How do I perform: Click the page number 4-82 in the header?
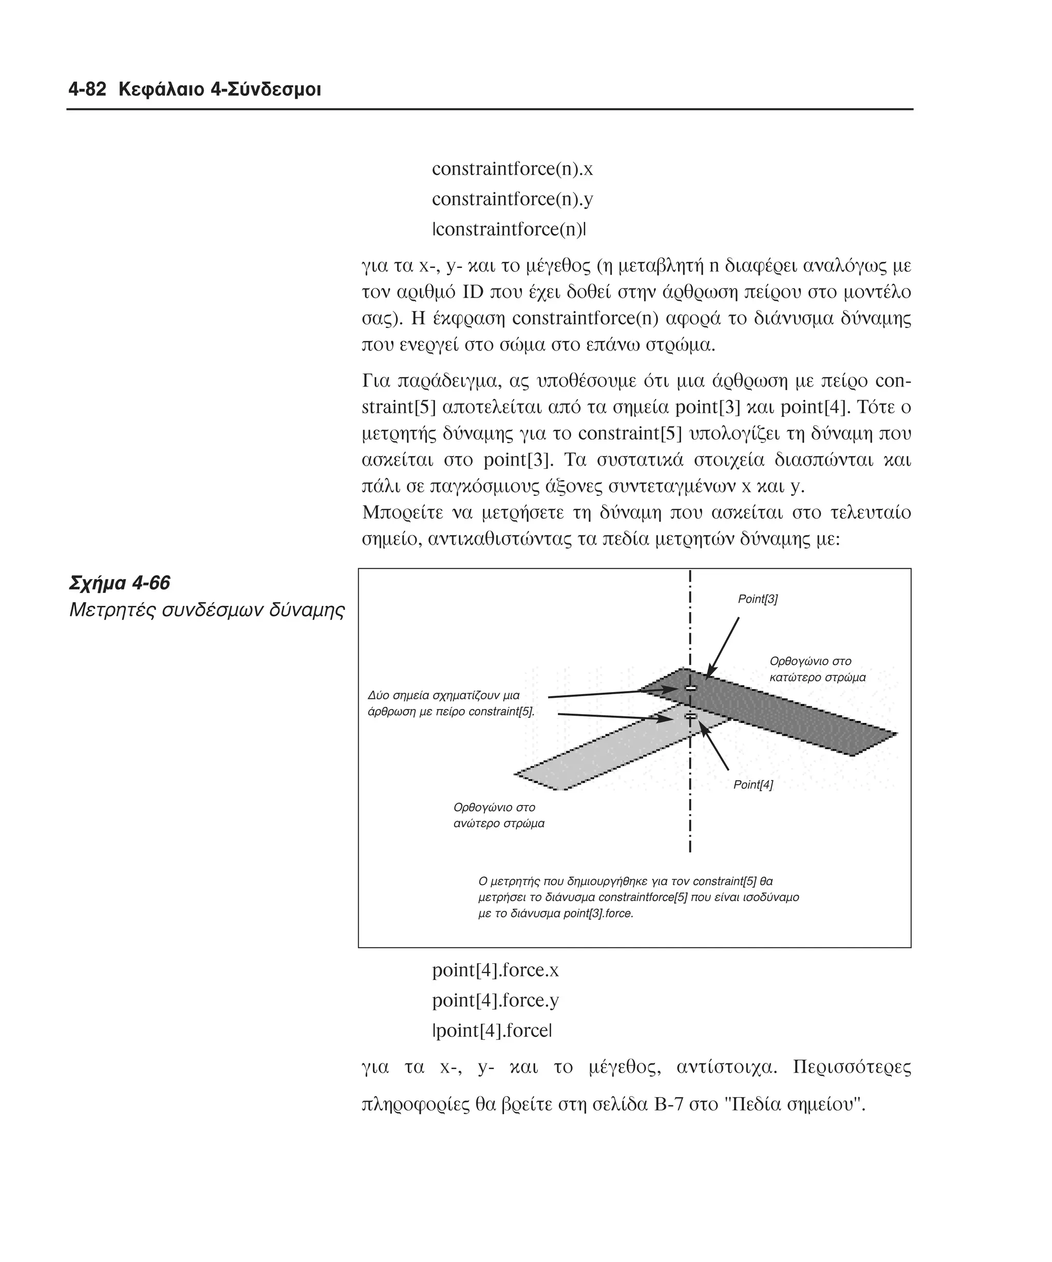click(x=87, y=90)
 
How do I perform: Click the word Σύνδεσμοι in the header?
click(x=280, y=90)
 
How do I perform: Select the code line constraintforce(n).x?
click(x=512, y=169)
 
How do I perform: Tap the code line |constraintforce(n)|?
click(x=509, y=230)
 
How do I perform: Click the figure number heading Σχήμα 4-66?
click(x=120, y=583)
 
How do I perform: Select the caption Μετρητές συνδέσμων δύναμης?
click(x=207, y=610)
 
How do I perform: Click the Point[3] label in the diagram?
click(x=758, y=599)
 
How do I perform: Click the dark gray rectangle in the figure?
click(x=799, y=715)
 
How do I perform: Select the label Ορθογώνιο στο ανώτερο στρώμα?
click(x=498, y=815)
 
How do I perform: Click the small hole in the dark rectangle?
click(x=691, y=687)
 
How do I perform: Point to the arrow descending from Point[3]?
click(x=724, y=646)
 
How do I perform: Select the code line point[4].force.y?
click(x=495, y=1000)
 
